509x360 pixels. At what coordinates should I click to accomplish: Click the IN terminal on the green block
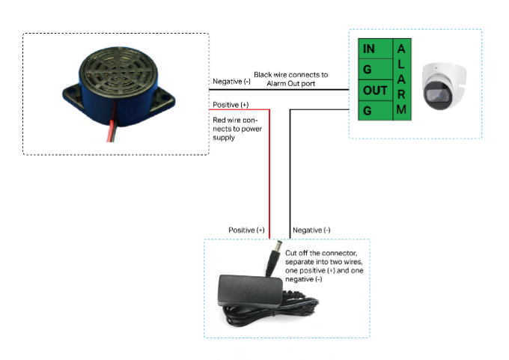click(375, 49)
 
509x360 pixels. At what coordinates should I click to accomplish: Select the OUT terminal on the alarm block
click(375, 91)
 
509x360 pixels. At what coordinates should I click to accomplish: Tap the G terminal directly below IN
click(375, 70)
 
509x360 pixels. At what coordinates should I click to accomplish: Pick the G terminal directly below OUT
click(375, 111)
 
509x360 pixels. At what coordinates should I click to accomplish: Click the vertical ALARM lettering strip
click(402, 79)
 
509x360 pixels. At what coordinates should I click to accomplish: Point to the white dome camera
click(444, 86)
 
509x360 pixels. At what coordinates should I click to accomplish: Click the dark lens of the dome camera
click(435, 95)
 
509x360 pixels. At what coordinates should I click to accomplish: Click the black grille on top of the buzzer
click(118, 70)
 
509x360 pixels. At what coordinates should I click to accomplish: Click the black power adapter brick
click(250, 290)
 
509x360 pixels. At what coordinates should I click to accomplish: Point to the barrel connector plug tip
click(278, 245)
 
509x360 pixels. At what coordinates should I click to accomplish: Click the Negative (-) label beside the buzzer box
click(231, 82)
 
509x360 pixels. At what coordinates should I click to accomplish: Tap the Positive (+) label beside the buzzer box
click(231, 105)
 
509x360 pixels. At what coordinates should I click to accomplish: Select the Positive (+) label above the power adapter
click(246, 231)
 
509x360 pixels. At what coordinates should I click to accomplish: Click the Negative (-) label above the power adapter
click(311, 231)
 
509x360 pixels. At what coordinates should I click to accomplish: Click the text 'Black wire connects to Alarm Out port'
click(291, 79)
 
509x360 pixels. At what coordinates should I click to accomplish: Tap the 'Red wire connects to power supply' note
click(237, 129)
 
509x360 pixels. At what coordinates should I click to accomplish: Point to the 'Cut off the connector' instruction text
click(324, 266)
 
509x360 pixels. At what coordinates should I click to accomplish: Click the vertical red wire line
click(269, 174)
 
